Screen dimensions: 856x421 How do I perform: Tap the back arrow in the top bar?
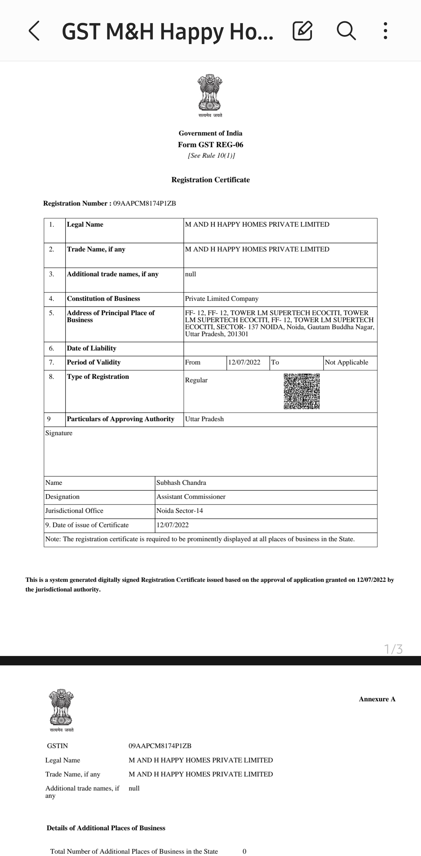34,31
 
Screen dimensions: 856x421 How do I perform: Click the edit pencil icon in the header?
302,31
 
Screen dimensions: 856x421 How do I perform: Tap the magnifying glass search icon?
346,31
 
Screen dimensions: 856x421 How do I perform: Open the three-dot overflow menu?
385,31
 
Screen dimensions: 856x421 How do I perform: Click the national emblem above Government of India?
210,93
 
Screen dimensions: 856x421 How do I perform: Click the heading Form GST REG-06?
210,145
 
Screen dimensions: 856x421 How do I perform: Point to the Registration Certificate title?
210,180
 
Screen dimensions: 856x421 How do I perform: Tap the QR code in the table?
301,391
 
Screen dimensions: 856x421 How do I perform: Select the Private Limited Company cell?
222,299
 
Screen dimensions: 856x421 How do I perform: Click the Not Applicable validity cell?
346,362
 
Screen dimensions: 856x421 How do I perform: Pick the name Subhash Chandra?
181,483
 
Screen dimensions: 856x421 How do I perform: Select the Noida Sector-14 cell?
180,511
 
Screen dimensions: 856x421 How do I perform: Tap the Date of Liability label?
92,348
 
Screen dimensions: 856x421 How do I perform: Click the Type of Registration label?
98,377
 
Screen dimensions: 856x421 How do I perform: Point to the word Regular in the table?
196,380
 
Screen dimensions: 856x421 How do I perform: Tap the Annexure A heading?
377,699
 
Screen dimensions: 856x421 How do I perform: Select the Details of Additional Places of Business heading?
106,828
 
